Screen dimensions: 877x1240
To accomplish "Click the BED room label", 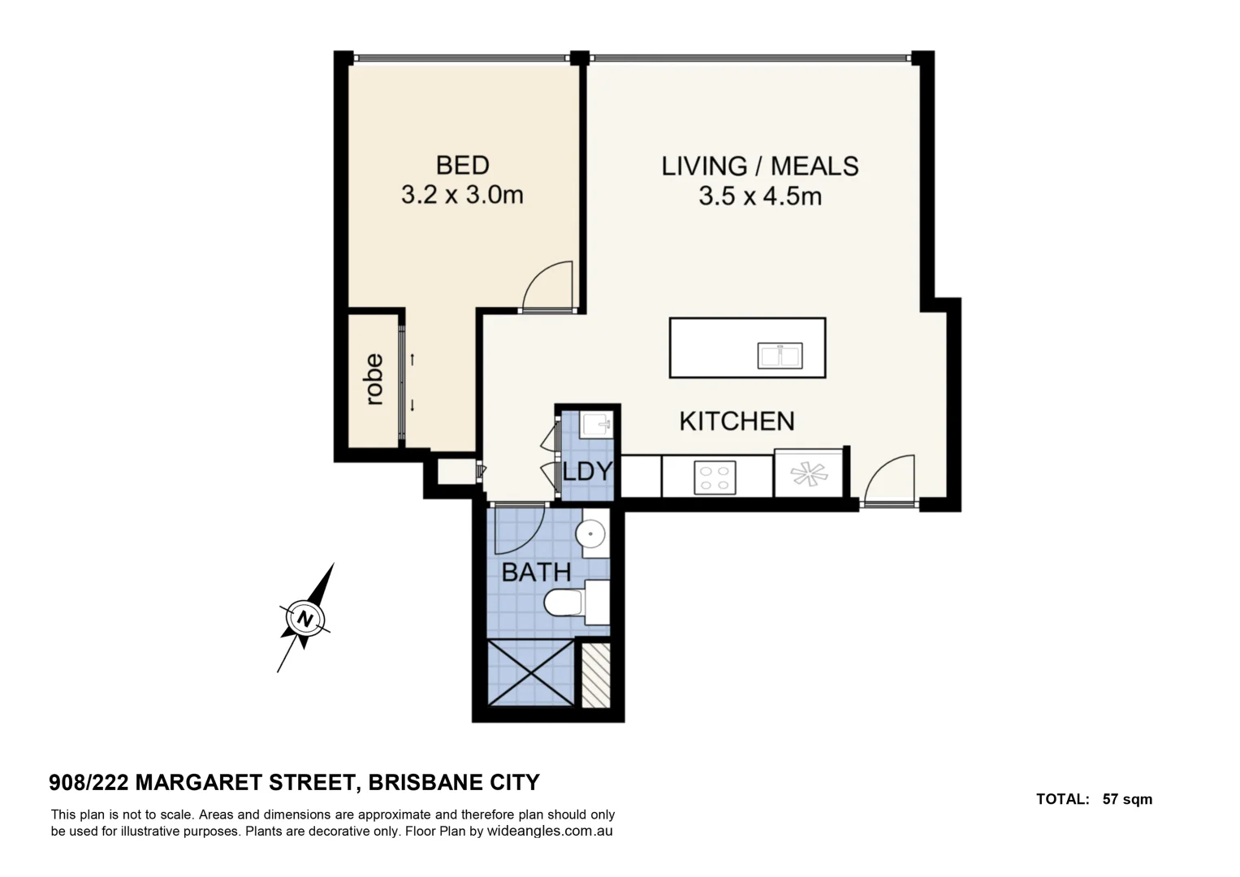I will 462,165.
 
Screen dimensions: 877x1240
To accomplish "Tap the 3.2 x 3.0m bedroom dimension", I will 462,195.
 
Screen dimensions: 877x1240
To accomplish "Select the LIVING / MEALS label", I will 759,166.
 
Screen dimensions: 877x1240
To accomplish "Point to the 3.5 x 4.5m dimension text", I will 759,196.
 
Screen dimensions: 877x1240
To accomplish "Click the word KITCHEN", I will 737,421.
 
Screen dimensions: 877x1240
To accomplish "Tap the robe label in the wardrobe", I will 374,378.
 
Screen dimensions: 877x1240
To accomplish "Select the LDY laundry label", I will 587,471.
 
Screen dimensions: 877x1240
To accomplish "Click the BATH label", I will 536,572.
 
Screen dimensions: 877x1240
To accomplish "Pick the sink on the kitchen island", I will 780,355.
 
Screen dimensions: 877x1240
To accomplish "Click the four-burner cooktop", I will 715,477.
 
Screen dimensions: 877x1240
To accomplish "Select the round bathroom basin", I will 590,534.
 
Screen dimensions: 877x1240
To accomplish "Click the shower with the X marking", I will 530,672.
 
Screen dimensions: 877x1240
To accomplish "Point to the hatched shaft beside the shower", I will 597,674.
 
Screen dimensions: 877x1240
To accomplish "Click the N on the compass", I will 305,619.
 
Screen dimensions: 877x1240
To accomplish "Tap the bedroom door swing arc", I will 548,285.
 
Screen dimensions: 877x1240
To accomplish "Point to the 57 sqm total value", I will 1127,799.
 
